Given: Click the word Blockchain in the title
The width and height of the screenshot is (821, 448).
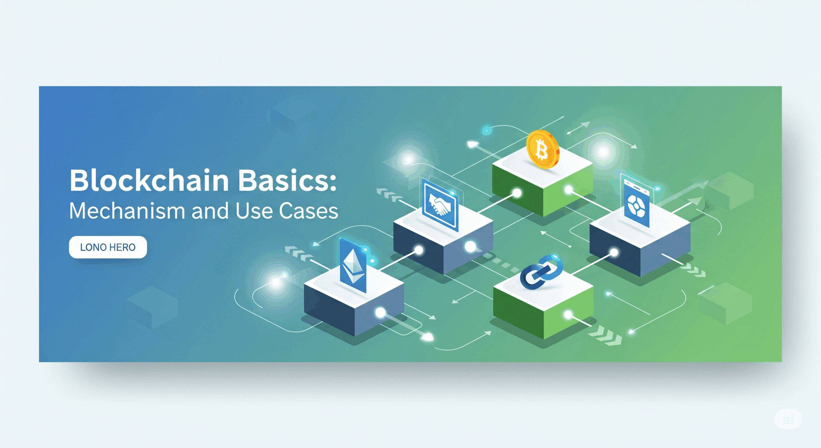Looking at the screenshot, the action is coord(149,180).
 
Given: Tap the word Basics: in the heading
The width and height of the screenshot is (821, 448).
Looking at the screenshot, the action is coord(287,180).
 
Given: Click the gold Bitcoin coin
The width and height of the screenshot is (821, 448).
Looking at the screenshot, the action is coord(543,150).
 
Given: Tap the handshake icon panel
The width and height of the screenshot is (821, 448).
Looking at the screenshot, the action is coord(440,204).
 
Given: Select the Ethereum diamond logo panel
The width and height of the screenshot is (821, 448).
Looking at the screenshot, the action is coord(353,265).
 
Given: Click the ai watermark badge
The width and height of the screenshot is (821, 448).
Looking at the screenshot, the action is coord(788,419).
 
